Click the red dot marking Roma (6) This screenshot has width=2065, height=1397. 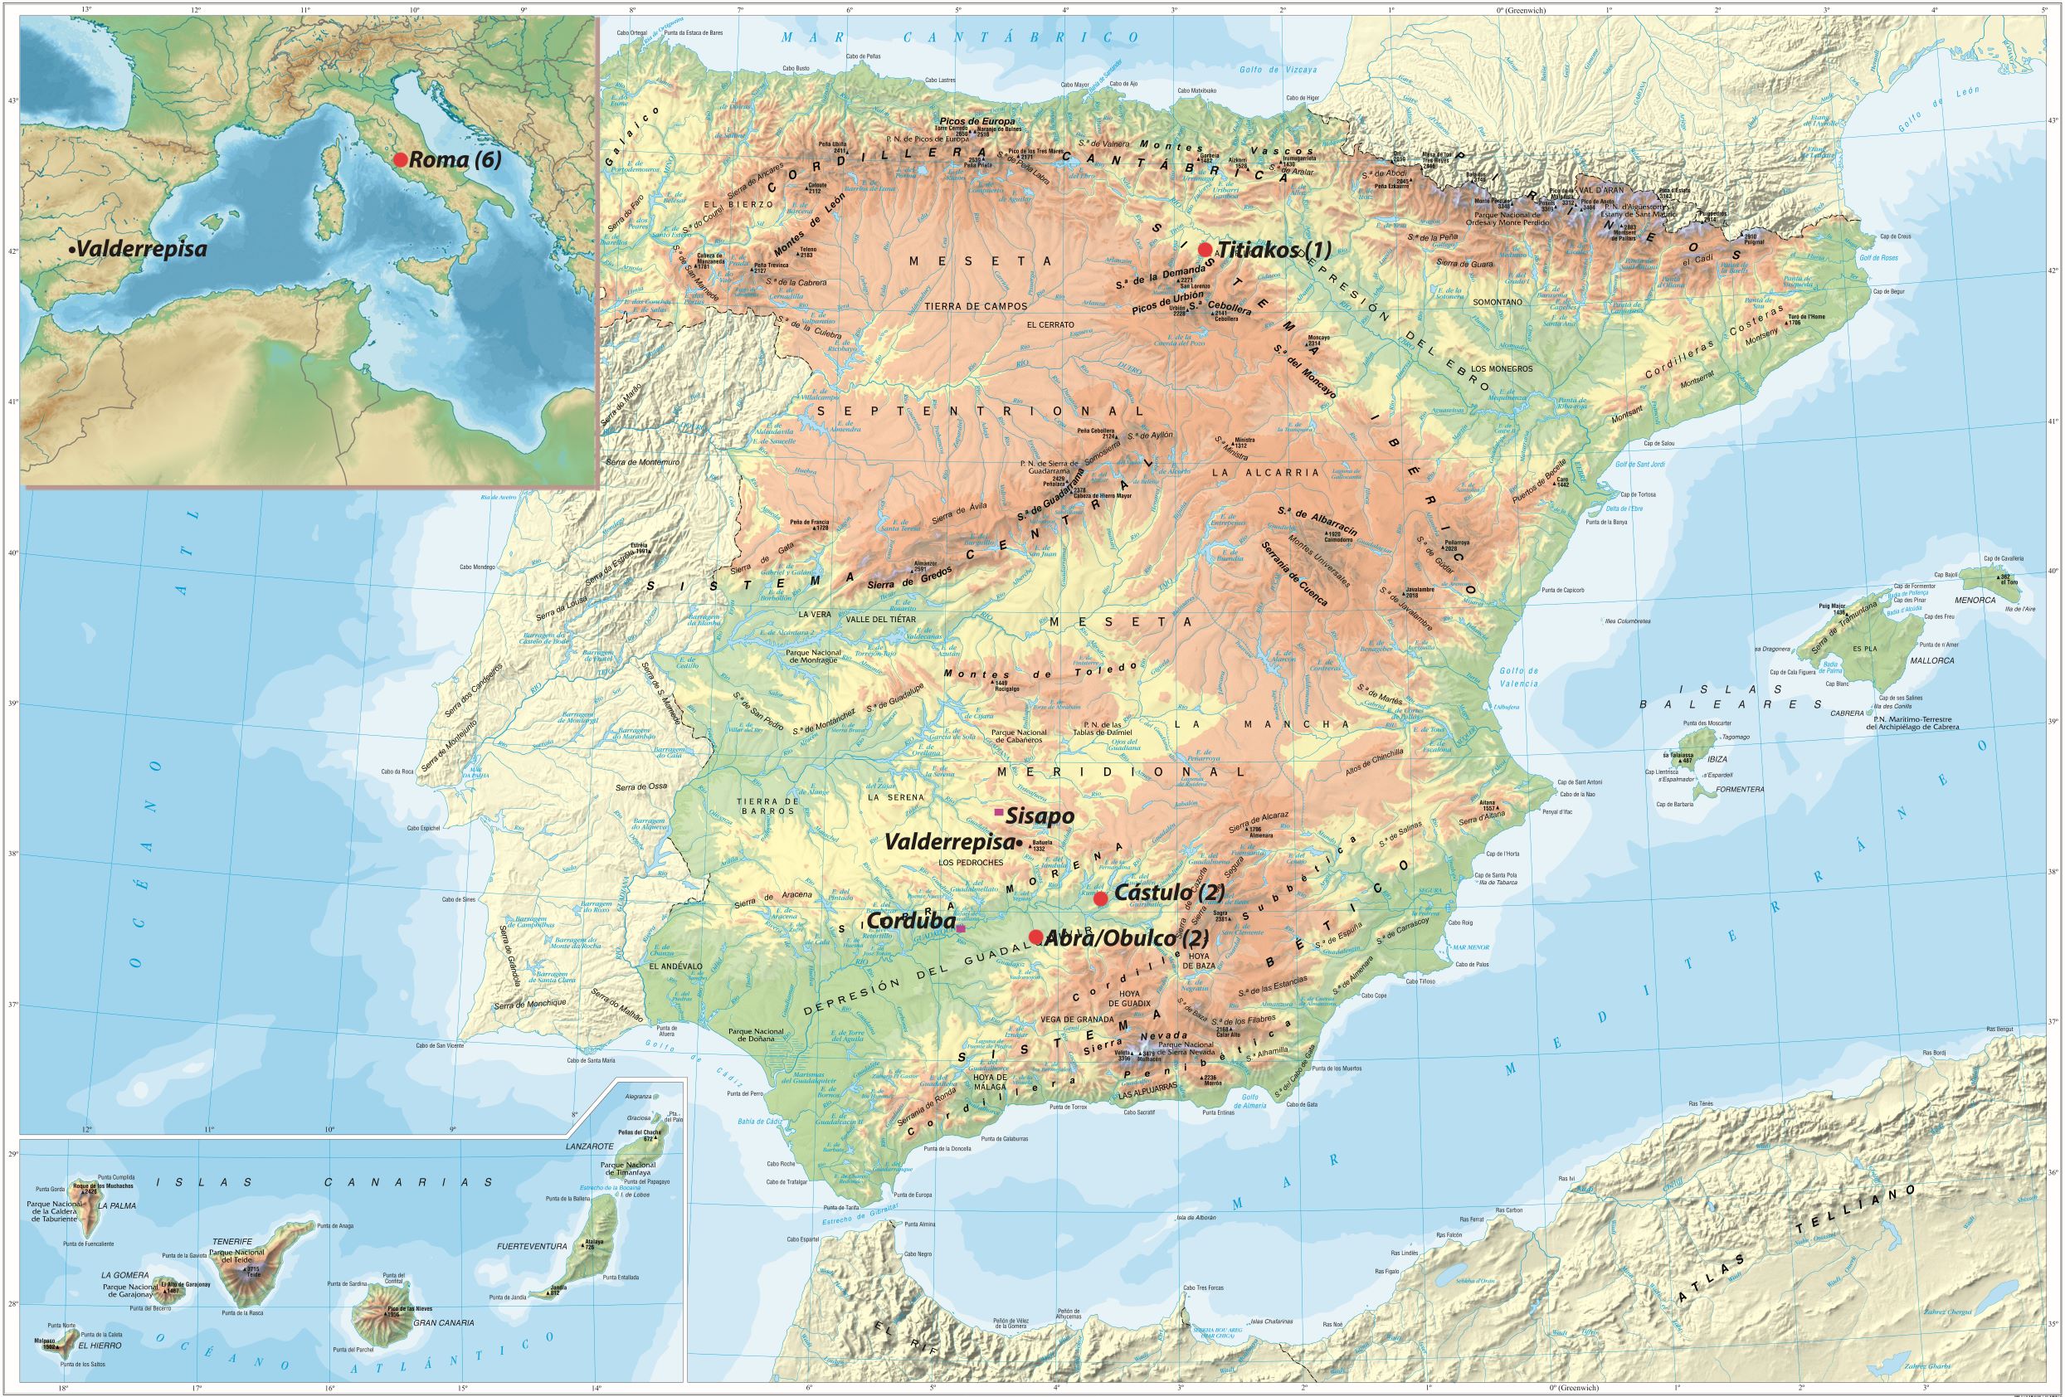400,160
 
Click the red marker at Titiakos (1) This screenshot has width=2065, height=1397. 1205,249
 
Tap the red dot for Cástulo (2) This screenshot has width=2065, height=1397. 1100,898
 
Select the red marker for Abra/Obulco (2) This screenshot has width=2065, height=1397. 1035,937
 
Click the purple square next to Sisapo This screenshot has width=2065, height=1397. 1000,812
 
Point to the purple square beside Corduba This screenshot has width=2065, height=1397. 961,927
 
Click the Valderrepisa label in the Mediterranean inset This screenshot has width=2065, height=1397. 140,250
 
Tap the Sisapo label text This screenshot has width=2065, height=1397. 1040,815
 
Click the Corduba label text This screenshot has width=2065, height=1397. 910,922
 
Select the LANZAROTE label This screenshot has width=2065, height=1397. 590,1146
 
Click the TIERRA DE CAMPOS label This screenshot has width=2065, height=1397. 976,306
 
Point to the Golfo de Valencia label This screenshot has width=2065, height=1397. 1518,677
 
